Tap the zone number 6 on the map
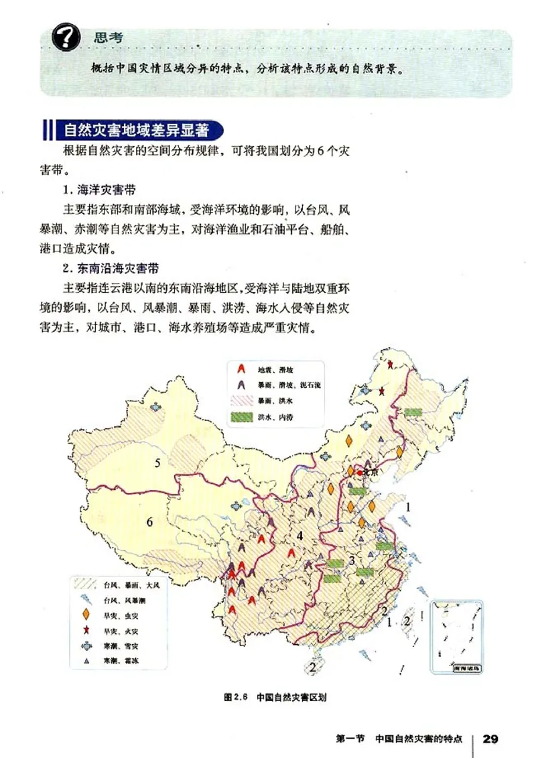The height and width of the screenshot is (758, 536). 149,523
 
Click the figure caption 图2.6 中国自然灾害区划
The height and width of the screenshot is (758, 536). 275,697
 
